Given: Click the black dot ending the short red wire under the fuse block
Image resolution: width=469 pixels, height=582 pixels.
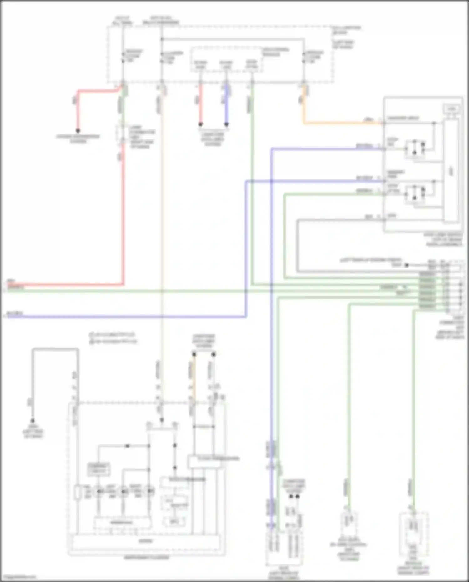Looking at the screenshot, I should tap(200, 124).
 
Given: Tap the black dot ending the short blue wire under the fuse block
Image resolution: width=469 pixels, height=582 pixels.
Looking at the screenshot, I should tap(226, 124).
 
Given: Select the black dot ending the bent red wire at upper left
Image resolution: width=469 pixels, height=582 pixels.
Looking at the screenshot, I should tap(78, 130).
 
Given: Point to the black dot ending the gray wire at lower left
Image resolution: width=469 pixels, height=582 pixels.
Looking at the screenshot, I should tap(33, 421).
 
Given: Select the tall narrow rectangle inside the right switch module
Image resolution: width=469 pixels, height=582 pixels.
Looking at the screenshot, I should tap(451, 170).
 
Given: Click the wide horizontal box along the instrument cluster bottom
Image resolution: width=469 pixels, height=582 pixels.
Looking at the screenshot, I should tap(146, 541).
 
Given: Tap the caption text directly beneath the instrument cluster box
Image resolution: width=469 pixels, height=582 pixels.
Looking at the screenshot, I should tap(146, 558).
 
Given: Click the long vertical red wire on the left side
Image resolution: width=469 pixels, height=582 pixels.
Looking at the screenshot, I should tap(123, 219).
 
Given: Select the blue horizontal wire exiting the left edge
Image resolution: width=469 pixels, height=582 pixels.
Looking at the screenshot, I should tap(125, 317).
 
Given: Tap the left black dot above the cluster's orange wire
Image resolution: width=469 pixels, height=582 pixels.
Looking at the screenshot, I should tap(194, 354).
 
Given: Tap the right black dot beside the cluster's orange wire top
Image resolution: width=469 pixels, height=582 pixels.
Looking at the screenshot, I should tap(214, 354).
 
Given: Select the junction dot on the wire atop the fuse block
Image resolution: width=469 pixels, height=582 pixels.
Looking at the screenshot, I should tap(162, 39).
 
